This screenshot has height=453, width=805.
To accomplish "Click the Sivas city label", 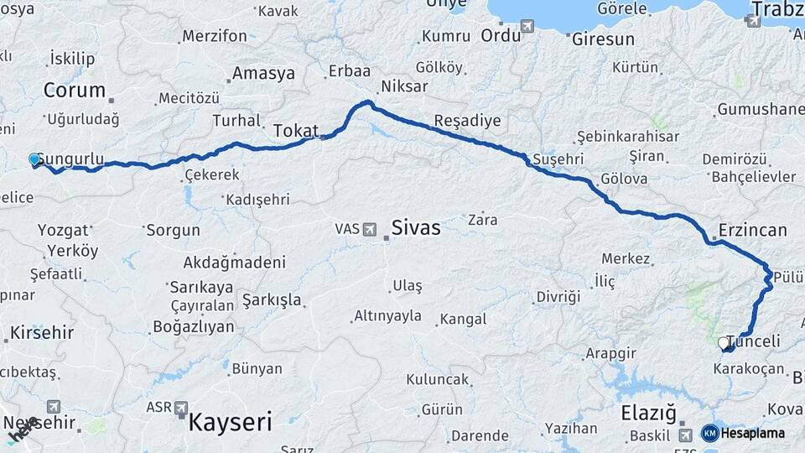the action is tap(415, 227).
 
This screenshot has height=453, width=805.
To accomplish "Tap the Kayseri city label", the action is tap(231, 421).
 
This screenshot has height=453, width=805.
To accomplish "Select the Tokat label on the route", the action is tap(295, 131).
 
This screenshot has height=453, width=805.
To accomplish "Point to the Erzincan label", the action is tap(752, 230).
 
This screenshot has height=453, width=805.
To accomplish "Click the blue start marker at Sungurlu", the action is tap(34, 159).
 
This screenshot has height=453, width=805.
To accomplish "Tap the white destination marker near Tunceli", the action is tap(724, 342).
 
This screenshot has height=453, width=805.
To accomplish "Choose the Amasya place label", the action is tap(263, 74).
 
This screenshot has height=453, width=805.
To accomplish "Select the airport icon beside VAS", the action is tap(370, 228).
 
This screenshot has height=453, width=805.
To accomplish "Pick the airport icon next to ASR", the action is tap(181, 408).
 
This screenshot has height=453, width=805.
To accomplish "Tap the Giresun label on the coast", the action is tap(602, 39).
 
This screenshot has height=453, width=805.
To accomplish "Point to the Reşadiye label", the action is tap(468, 121).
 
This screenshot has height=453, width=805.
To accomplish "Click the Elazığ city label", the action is tap(648, 413).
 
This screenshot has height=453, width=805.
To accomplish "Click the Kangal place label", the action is tap(463, 320).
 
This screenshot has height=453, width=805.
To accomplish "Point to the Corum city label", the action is tap(75, 91).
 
